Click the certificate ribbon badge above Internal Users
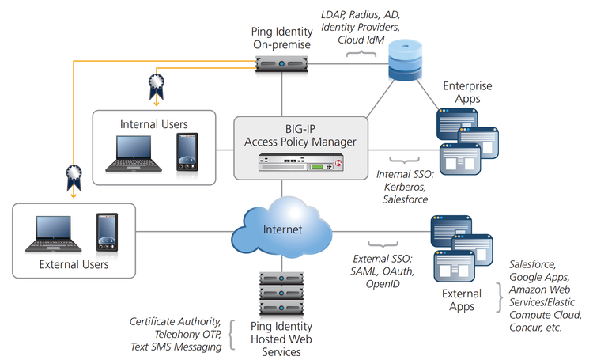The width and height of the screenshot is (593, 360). [x=155, y=85]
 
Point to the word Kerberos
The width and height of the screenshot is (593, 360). [x=402, y=188]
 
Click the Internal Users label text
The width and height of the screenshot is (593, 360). [x=153, y=123]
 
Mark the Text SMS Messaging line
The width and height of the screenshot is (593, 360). [x=176, y=346]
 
